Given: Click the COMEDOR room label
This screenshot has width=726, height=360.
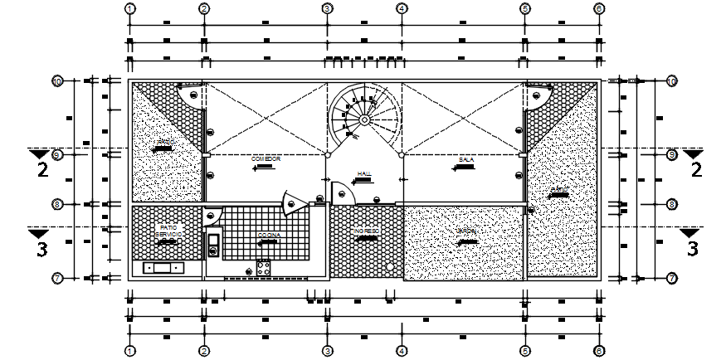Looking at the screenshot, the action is click(x=266, y=158).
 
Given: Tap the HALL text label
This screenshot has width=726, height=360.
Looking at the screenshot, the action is click(x=363, y=174).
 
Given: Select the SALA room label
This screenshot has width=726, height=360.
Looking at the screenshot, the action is click(x=465, y=158).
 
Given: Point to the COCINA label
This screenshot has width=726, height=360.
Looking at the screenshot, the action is click(x=267, y=236).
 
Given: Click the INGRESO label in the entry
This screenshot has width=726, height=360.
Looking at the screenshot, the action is click(x=365, y=231).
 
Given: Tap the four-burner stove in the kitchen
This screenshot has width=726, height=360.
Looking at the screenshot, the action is click(x=264, y=267).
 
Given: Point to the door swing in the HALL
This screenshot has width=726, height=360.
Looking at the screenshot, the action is click(x=343, y=193).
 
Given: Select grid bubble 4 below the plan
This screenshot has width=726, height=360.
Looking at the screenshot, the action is click(x=401, y=351).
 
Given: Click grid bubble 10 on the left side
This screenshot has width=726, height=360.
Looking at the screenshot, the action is click(x=57, y=81).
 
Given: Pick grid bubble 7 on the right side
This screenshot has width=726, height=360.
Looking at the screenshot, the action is click(x=672, y=278).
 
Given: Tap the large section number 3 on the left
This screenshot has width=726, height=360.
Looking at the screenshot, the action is click(x=41, y=246).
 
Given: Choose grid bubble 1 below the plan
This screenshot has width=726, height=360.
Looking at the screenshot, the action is click(x=130, y=351).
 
